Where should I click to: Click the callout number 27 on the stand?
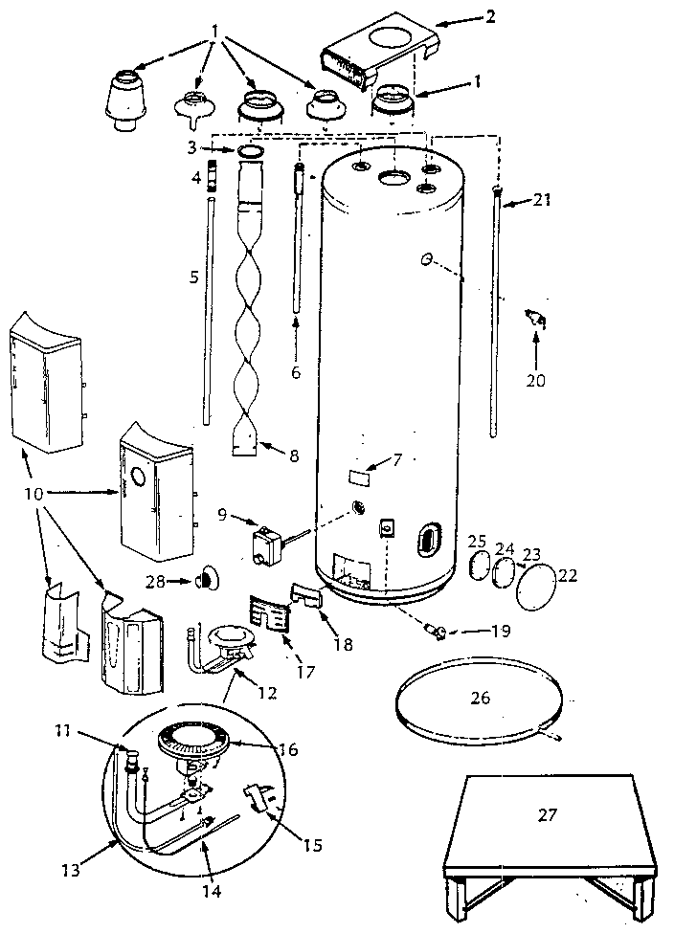[x=546, y=814]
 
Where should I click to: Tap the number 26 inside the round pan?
[x=480, y=698]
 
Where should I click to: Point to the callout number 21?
[x=543, y=199]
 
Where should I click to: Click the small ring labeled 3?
[x=251, y=151]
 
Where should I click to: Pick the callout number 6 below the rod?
[x=296, y=372]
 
